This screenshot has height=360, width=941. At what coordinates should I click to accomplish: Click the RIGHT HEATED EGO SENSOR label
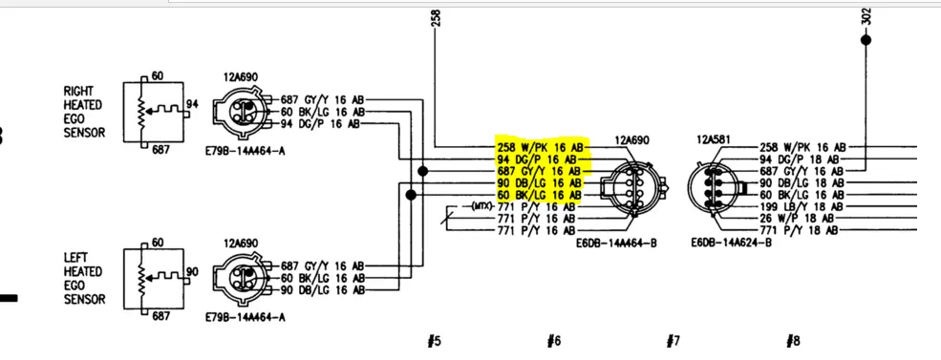tap(82, 112)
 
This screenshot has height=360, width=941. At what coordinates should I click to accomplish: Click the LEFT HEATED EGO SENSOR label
tap(82, 279)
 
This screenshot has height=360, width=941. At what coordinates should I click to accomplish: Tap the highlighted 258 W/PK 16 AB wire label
tap(540, 147)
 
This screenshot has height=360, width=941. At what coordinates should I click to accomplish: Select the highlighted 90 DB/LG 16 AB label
tap(540, 183)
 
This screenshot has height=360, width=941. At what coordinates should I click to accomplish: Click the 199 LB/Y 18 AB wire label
tap(802, 207)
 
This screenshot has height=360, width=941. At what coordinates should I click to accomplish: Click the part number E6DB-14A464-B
tap(614, 243)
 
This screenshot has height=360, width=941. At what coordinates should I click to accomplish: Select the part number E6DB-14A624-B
tap(731, 243)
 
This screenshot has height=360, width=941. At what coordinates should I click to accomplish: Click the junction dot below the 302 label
tap(866, 40)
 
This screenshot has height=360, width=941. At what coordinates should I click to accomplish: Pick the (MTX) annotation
tap(481, 206)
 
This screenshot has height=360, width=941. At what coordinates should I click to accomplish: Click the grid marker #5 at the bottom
tap(434, 342)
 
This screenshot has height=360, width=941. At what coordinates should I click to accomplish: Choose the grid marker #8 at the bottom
tap(793, 342)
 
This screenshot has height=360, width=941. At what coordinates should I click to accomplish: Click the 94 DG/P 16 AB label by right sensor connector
tap(320, 124)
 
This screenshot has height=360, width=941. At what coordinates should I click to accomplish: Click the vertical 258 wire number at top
tap(437, 18)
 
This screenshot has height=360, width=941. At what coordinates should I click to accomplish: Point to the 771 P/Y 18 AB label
tap(800, 231)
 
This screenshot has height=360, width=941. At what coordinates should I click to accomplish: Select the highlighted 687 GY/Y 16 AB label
tap(540, 171)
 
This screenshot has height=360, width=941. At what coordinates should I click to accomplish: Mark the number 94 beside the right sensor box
tap(192, 104)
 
